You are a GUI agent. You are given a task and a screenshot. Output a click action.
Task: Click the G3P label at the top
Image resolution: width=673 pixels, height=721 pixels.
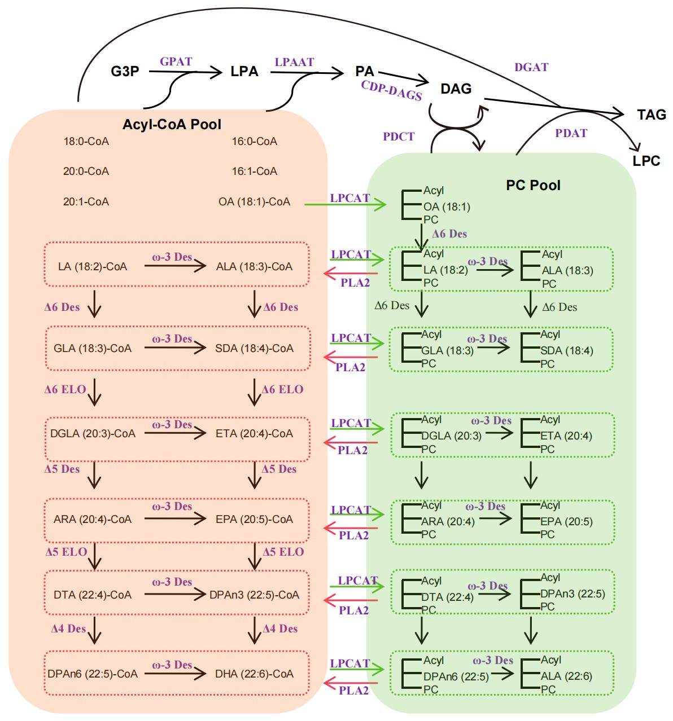pyautogui.click(x=125, y=72)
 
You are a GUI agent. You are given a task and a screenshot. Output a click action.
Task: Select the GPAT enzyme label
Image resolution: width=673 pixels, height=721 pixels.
pyautogui.click(x=176, y=61)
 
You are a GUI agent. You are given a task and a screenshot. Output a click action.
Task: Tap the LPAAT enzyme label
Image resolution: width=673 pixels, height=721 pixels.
pyautogui.click(x=294, y=62)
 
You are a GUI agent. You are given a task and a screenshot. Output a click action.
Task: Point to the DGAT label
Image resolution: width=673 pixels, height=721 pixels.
pyautogui.click(x=531, y=67)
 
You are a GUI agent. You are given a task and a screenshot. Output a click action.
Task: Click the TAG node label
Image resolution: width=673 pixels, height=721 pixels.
pyautogui.click(x=652, y=115)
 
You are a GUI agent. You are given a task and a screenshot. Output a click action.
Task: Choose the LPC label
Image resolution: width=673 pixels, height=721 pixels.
pyautogui.click(x=646, y=161)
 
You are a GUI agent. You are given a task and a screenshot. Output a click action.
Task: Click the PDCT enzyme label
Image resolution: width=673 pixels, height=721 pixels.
pyautogui.click(x=399, y=137)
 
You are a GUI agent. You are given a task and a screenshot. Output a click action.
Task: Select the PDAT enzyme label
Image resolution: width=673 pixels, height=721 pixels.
pyautogui.click(x=571, y=133)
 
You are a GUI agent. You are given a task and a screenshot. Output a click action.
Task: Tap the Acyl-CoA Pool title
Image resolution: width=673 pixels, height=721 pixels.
pyautogui.click(x=172, y=124)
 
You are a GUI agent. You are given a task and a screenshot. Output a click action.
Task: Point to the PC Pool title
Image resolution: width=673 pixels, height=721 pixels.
pyautogui.click(x=533, y=185)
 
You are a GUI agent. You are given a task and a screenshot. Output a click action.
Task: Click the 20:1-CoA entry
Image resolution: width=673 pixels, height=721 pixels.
pyautogui.click(x=86, y=201)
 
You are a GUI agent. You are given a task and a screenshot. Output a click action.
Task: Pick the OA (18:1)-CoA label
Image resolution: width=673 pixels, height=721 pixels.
pyautogui.click(x=254, y=201)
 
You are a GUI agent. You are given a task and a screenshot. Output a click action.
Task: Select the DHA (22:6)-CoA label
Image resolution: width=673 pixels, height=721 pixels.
pyautogui.click(x=254, y=674)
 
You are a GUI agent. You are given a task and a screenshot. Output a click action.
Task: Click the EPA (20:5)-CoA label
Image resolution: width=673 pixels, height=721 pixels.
pyautogui.click(x=254, y=519)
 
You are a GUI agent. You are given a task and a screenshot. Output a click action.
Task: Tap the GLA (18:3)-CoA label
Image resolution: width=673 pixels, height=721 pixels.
pyautogui.click(x=93, y=348)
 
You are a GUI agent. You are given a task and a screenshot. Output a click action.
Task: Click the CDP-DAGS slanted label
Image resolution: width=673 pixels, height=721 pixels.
pyautogui.click(x=391, y=90)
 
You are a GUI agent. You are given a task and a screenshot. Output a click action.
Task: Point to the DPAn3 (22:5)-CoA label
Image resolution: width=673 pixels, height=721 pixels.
pyautogui.click(x=254, y=595)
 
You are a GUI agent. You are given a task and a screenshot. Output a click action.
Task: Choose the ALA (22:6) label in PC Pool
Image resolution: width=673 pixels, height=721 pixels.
pyautogui.click(x=566, y=676)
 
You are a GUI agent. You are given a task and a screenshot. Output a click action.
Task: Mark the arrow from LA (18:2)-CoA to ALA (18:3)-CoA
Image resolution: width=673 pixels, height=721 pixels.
pyautogui.click(x=175, y=266)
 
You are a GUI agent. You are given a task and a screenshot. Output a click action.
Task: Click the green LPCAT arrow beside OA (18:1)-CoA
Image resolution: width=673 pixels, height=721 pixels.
pyautogui.click(x=345, y=204)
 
